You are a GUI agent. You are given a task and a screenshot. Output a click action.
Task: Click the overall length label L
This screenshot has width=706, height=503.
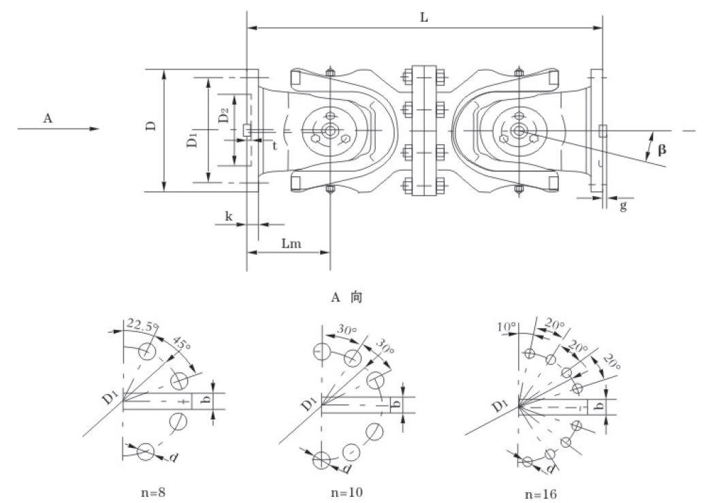pos(423,18)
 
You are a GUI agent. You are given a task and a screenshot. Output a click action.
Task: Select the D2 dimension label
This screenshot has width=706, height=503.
pos(223,116)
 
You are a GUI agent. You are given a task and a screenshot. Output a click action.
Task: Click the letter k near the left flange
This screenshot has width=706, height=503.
pos(229,216)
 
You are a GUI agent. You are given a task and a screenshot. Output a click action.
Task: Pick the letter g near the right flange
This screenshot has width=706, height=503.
pos(623,206)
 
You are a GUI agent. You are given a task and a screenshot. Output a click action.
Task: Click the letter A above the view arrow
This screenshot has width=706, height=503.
pos(48,118)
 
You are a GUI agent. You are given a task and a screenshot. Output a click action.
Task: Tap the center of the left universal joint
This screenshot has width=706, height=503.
pos(330,131)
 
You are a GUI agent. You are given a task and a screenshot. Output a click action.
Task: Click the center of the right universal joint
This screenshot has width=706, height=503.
pos(518,131)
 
